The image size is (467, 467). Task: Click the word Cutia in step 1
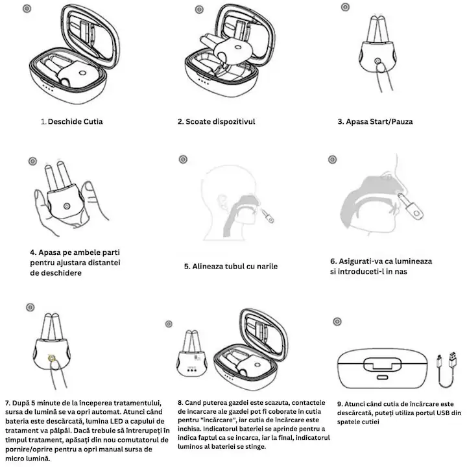click(x=93, y=121)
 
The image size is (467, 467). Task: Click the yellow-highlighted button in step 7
click(x=52, y=358)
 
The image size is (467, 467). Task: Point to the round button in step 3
click(x=377, y=62)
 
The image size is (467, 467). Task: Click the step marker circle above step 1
click(x=27, y=8)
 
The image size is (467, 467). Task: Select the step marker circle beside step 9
click(x=337, y=321)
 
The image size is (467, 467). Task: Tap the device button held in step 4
click(x=67, y=206)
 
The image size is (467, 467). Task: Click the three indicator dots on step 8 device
click(x=192, y=370)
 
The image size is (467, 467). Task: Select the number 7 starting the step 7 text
click(x=7, y=403)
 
